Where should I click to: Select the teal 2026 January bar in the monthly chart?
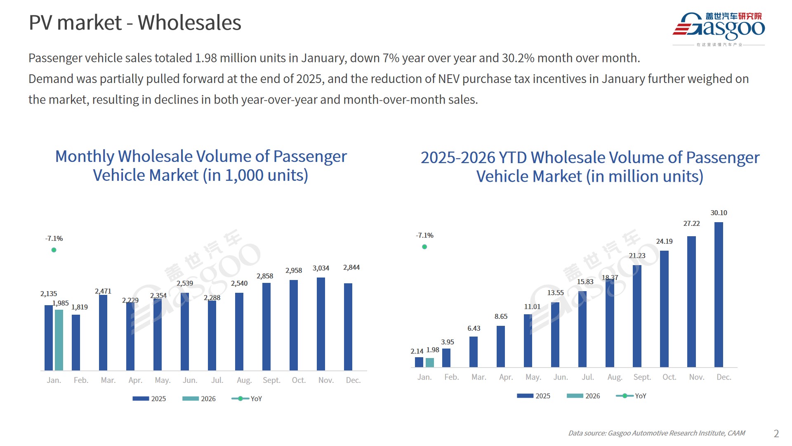click(x=59, y=340)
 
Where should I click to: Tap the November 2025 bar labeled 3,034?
click(x=321, y=324)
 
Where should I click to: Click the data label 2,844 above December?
click(x=351, y=268)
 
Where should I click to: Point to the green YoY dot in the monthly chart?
click(x=54, y=250)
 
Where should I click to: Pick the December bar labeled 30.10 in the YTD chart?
click(x=719, y=294)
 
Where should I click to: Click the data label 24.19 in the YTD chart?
click(x=664, y=241)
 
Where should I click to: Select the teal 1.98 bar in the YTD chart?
click(x=430, y=363)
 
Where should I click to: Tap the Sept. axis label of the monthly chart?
click(x=271, y=380)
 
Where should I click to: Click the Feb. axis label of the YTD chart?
click(x=452, y=377)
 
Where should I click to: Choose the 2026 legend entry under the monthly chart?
click(x=199, y=399)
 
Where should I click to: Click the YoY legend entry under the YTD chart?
click(x=631, y=396)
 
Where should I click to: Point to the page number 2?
click(x=776, y=434)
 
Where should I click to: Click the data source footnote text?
click(x=657, y=433)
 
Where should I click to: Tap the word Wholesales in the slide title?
click(x=189, y=23)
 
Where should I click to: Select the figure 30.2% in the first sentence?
click(x=518, y=58)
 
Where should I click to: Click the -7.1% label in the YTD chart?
click(x=424, y=235)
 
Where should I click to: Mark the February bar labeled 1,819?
click(x=76, y=342)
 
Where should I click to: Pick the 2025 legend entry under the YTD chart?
click(x=533, y=396)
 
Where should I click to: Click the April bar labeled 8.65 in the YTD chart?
click(x=501, y=346)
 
